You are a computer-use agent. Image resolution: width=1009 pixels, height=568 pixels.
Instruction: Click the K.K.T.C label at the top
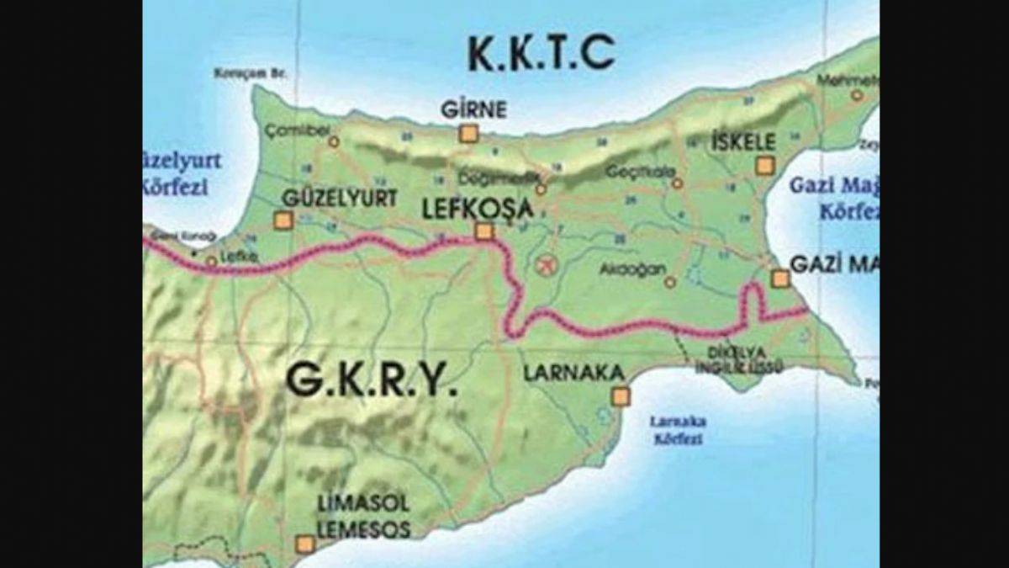541,54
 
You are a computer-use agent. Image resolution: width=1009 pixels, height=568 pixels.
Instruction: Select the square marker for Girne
468,134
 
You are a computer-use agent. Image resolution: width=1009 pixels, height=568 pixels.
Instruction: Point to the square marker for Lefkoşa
483,231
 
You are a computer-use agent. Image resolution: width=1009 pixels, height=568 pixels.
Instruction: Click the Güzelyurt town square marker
283,220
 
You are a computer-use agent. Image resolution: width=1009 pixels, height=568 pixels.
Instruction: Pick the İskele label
742,141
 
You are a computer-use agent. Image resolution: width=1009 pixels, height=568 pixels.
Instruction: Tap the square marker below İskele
763,166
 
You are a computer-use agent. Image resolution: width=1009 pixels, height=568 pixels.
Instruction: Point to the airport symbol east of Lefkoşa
546,265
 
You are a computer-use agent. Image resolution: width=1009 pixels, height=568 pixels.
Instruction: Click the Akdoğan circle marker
670,283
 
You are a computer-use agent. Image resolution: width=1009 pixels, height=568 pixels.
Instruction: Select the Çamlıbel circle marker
334,142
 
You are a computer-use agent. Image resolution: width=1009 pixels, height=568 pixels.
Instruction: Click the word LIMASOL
363,504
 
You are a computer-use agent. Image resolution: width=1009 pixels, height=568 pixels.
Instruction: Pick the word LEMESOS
363,529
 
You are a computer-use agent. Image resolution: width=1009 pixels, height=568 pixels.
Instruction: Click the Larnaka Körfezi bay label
678,430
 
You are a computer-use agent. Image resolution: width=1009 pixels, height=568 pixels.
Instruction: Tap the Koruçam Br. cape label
251,73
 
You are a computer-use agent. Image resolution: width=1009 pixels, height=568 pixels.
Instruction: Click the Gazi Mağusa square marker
780,279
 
